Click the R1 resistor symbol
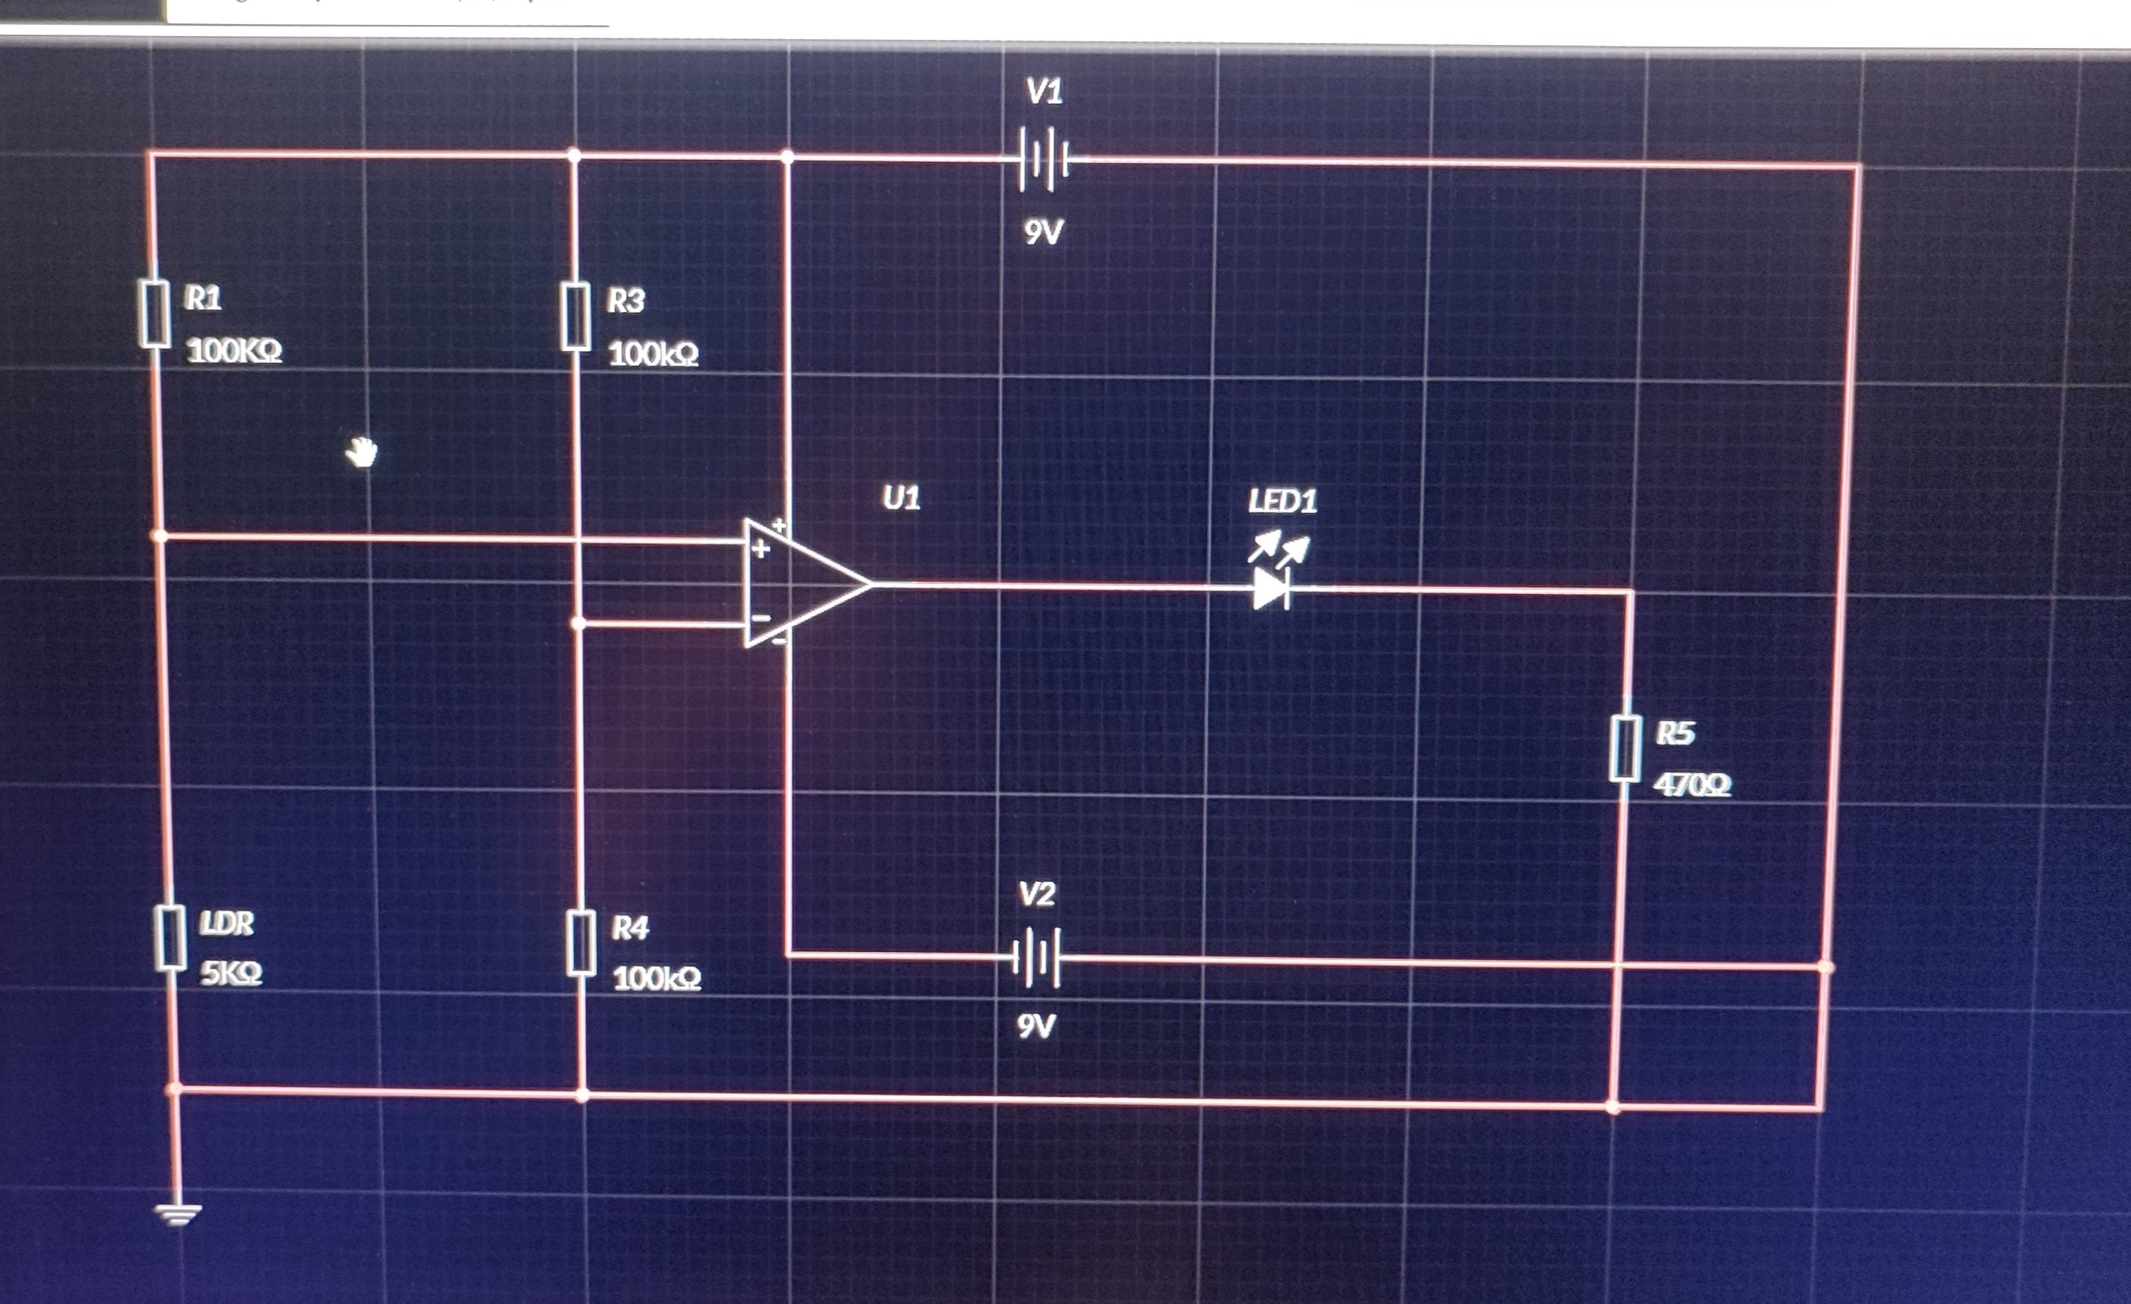coord(156,313)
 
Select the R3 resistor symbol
coord(576,317)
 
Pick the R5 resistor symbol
coord(1626,748)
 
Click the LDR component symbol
coord(171,937)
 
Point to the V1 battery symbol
coord(1044,160)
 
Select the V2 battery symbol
coord(1036,957)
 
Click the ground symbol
coord(177,1215)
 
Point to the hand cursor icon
coord(362,452)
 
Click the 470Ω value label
coord(1692,785)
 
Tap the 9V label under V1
coord(1043,232)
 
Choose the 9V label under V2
coord(1036,1027)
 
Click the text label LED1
coord(1283,502)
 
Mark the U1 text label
coord(901,498)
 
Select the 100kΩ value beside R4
coord(656,979)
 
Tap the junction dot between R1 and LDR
coord(159,536)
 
